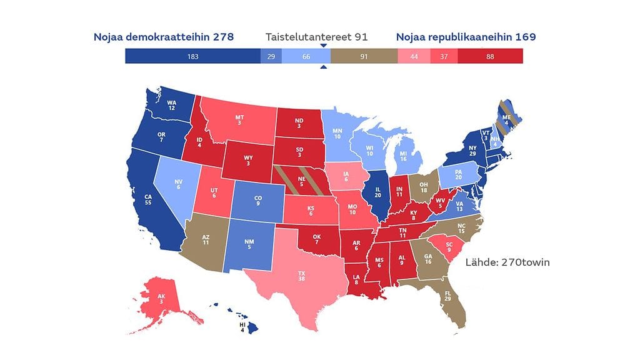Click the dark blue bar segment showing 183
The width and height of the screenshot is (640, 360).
click(192, 56)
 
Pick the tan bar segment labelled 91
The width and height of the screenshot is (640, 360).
click(364, 56)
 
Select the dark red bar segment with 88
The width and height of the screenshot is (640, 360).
click(490, 56)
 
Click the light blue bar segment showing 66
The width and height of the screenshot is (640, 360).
click(306, 56)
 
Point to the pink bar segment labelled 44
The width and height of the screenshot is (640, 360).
click(413, 56)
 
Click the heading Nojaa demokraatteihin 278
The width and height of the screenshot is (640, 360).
click(163, 37)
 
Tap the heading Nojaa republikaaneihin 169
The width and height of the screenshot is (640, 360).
click(466, 37)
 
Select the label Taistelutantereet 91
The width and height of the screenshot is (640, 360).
click(316, 37)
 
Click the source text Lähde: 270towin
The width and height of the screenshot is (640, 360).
click(507, 262)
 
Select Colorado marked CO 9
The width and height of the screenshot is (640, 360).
click(258, 201)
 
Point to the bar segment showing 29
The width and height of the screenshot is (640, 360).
click(271, 56)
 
